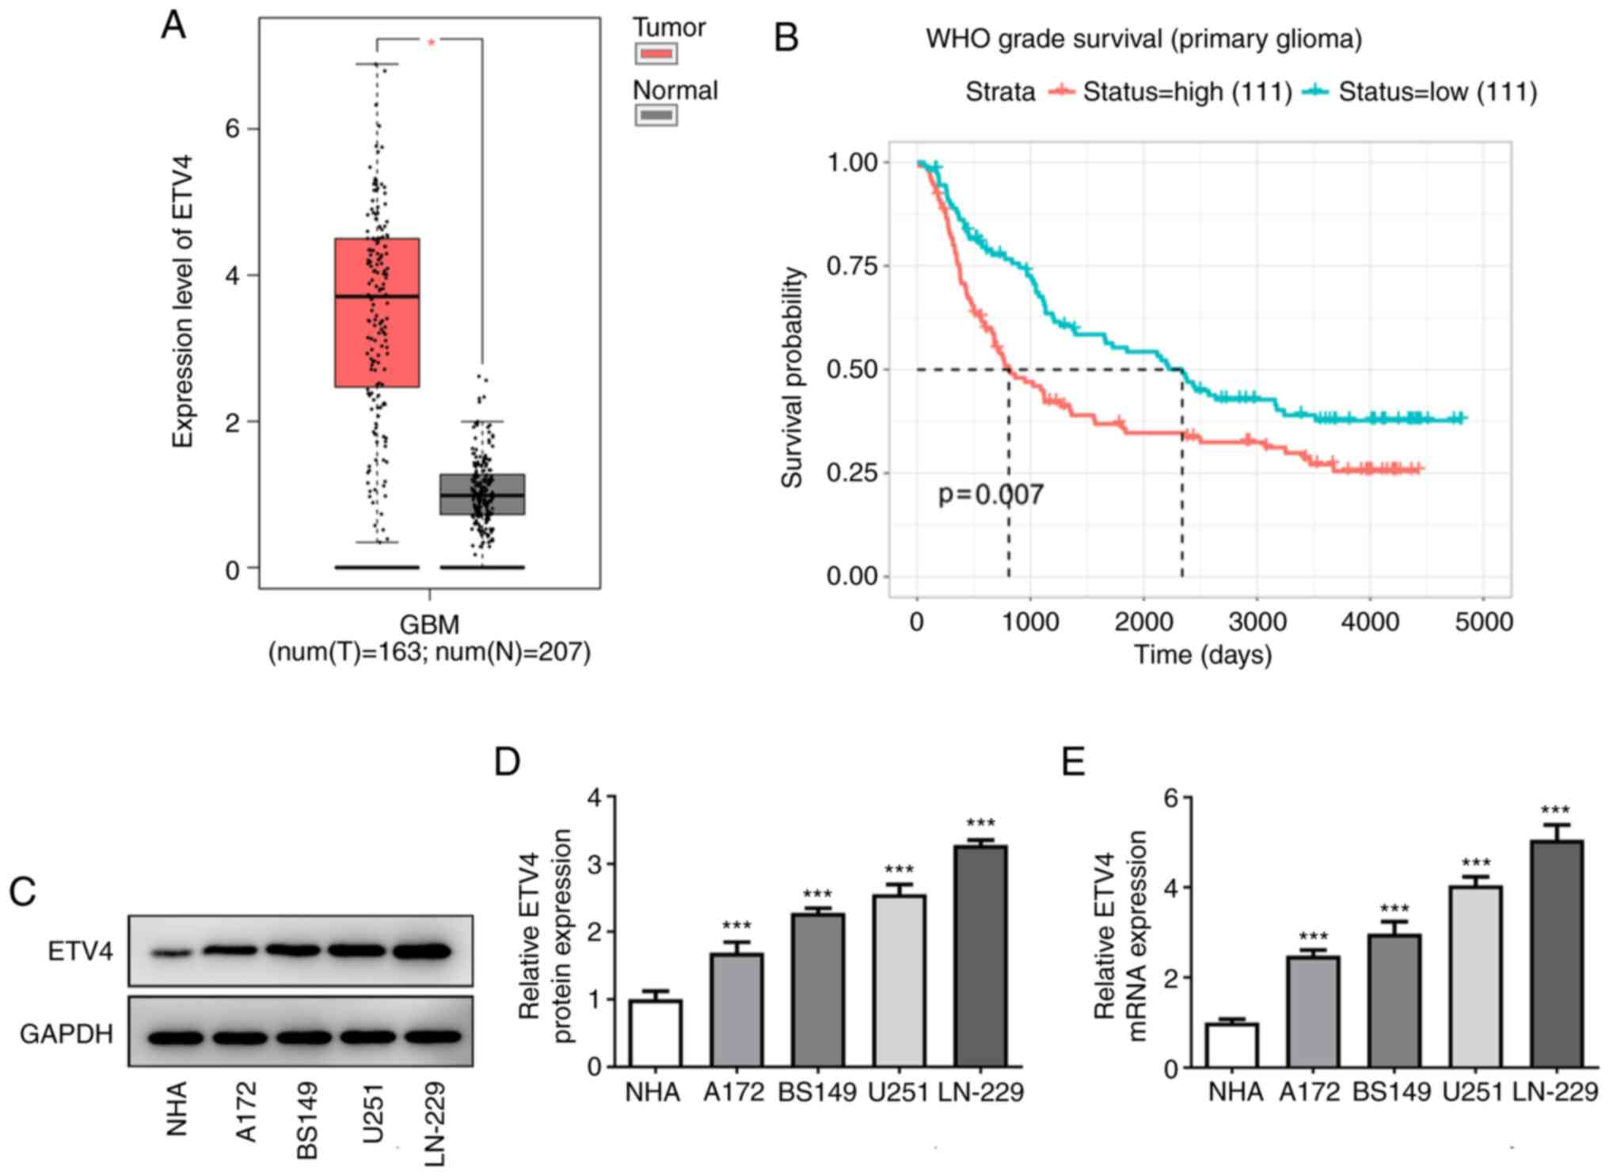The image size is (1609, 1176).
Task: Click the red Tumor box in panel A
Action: (377, 313)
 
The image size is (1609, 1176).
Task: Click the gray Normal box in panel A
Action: (482, 494)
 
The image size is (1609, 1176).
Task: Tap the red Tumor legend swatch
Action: (656, 54)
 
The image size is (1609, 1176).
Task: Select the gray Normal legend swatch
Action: (656, 116)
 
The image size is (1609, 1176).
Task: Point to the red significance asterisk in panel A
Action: (432, 43)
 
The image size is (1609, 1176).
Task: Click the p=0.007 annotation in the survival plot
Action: (991, 495)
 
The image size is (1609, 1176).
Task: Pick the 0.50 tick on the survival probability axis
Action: (852, 370)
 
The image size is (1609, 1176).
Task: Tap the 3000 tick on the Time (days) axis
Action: (1257, 622)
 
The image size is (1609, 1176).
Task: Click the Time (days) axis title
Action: (1203, 655)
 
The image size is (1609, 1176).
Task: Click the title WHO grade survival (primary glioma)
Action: (1143, 39)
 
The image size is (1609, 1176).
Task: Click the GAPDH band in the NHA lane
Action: (175, 1036)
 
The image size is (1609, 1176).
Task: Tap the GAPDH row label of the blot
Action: (67, 1034)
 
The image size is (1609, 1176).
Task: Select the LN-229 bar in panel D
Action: (980, 956)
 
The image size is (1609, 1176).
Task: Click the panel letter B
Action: (785, 38)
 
